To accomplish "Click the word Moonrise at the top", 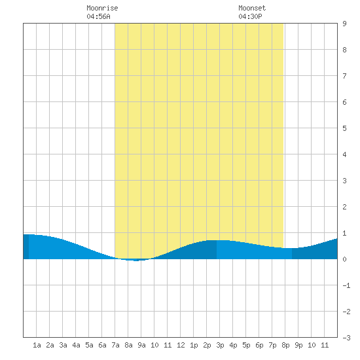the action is [x=102, y=8].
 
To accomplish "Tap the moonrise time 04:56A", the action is [x=98, y=16].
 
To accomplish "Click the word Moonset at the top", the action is [x=252, y=8].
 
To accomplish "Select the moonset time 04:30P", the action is [x=250, y=16].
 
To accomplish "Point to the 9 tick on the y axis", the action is [x=344, y=24].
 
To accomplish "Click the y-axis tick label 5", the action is [x=344, y=128].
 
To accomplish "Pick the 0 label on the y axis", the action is [x=344, y=259].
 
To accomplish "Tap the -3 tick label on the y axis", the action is [x=346, y=338].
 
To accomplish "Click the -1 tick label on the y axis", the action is [x=346, y=285].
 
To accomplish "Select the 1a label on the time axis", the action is [x=37, y=345].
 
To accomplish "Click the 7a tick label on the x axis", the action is [x=115, y=345].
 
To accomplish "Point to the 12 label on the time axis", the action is [x=181, y=345].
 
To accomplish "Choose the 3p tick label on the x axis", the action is [x=220, y=345].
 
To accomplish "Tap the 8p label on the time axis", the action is [x=285, y=345].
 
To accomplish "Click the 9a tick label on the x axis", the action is [x=141, y=345].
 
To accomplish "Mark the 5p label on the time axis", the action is [x=246, y=345].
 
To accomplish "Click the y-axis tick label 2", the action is [x=344, y=207].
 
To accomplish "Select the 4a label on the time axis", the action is [x=76, y=345].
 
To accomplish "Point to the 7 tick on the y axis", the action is [x=344, y=76].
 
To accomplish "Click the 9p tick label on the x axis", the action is [x=298, y=345].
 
